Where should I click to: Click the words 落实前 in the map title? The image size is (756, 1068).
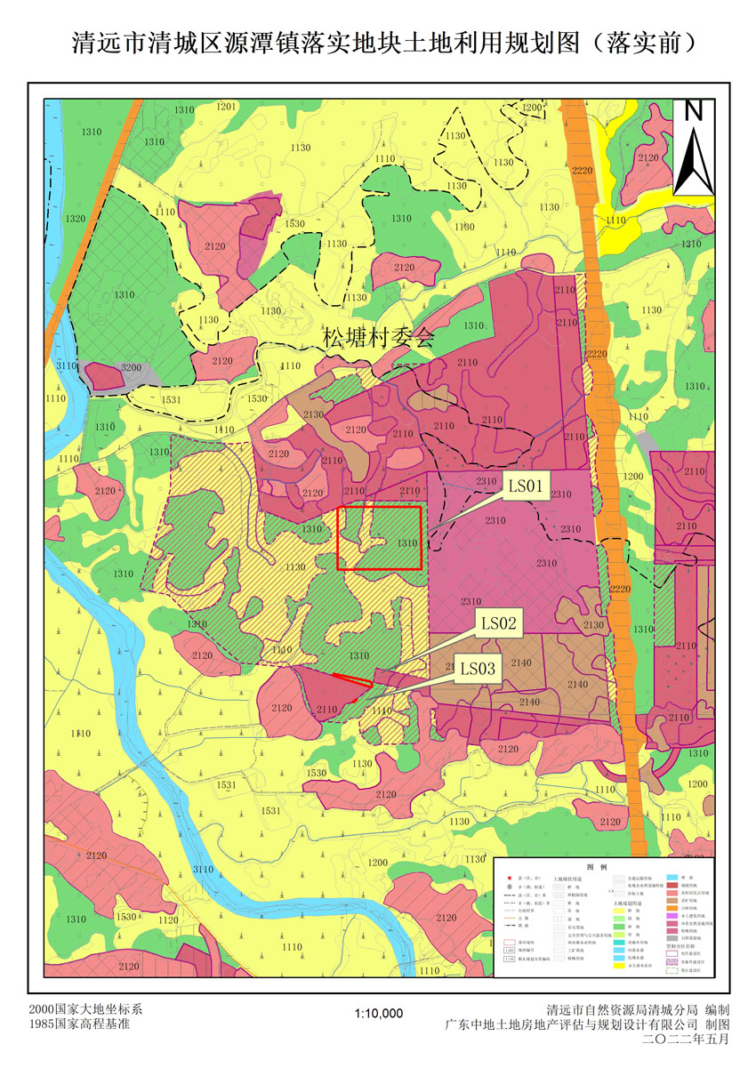point(643,43)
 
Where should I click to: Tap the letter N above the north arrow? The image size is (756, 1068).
point(694,111)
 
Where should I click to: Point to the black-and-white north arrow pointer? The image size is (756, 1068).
point(694,160)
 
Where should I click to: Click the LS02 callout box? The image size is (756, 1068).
point(499,623)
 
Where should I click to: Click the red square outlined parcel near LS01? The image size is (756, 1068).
point(379,537)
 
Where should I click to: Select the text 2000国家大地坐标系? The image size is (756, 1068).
point(85,1010)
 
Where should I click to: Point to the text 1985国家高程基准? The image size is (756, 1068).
point(79,1024)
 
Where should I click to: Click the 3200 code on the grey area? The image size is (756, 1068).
point(131,367)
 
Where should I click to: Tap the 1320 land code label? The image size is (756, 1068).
point(76,219)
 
